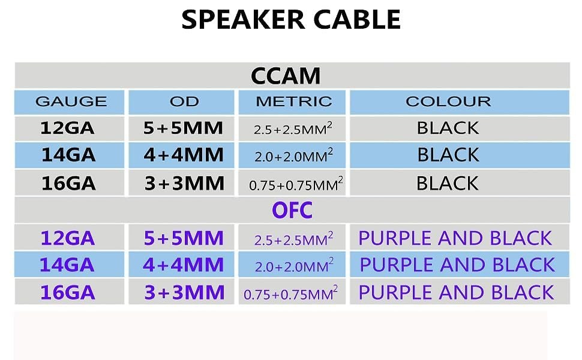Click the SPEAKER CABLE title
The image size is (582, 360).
click(x=291, y=20)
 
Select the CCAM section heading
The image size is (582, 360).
click(x=286, y=76)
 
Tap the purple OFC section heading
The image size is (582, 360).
click(x=292, y=211)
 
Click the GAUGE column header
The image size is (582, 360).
click(x=71, y=101)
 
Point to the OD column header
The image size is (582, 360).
click(x=184, y=101)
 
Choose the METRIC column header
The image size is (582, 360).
click(x=293, y=101)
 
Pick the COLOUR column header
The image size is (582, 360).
click(x=448, y=101)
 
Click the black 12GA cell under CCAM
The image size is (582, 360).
click(x=67, y=128)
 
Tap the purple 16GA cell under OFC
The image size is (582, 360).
click(x=68, y=292)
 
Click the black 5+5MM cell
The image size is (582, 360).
click(x=183, y=128)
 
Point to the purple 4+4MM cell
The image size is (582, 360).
click(x=184, y=265)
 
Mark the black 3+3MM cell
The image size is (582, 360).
click(x=184, y=184)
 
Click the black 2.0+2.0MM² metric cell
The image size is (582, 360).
click(x=293, y=155)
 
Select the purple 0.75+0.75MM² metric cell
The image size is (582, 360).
click(x=290, y=293)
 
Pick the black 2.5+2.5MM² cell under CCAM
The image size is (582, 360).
click(x=293, y=128)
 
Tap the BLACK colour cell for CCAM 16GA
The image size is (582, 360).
click(x=447, y=184)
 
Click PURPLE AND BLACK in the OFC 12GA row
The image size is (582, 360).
click(x=455, y=238)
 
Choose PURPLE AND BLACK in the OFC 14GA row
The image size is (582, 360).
click(x=457, y=265)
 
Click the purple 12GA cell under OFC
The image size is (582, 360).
click(x=68, y=238)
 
